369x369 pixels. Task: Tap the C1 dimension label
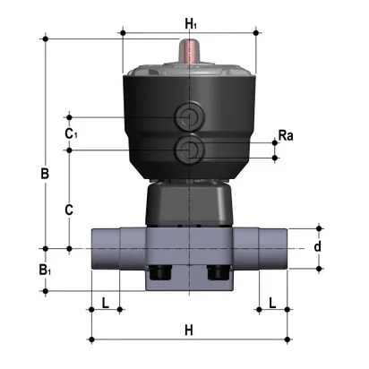(71, 133)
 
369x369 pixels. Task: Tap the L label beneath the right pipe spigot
(273, 302)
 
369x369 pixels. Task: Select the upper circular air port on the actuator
(190, 116)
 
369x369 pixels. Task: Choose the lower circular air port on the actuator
(190, 146)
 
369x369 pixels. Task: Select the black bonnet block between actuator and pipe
(189, 204)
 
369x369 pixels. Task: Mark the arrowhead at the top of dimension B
(45, 40)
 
